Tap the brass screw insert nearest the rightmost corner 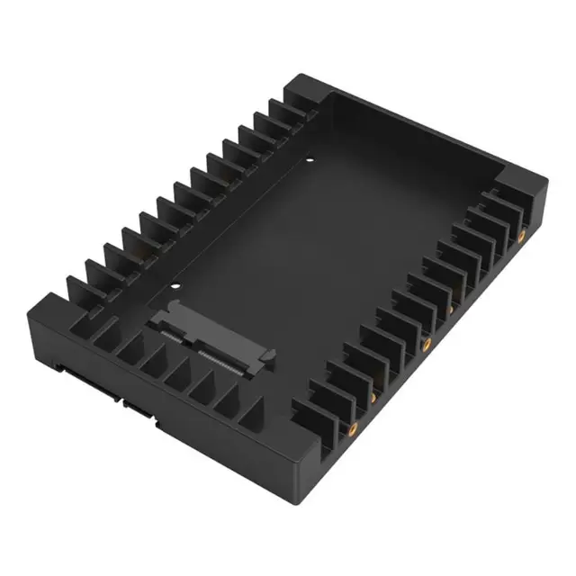(522, 237)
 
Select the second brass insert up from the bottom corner (371, 397)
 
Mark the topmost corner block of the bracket (301, 91)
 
